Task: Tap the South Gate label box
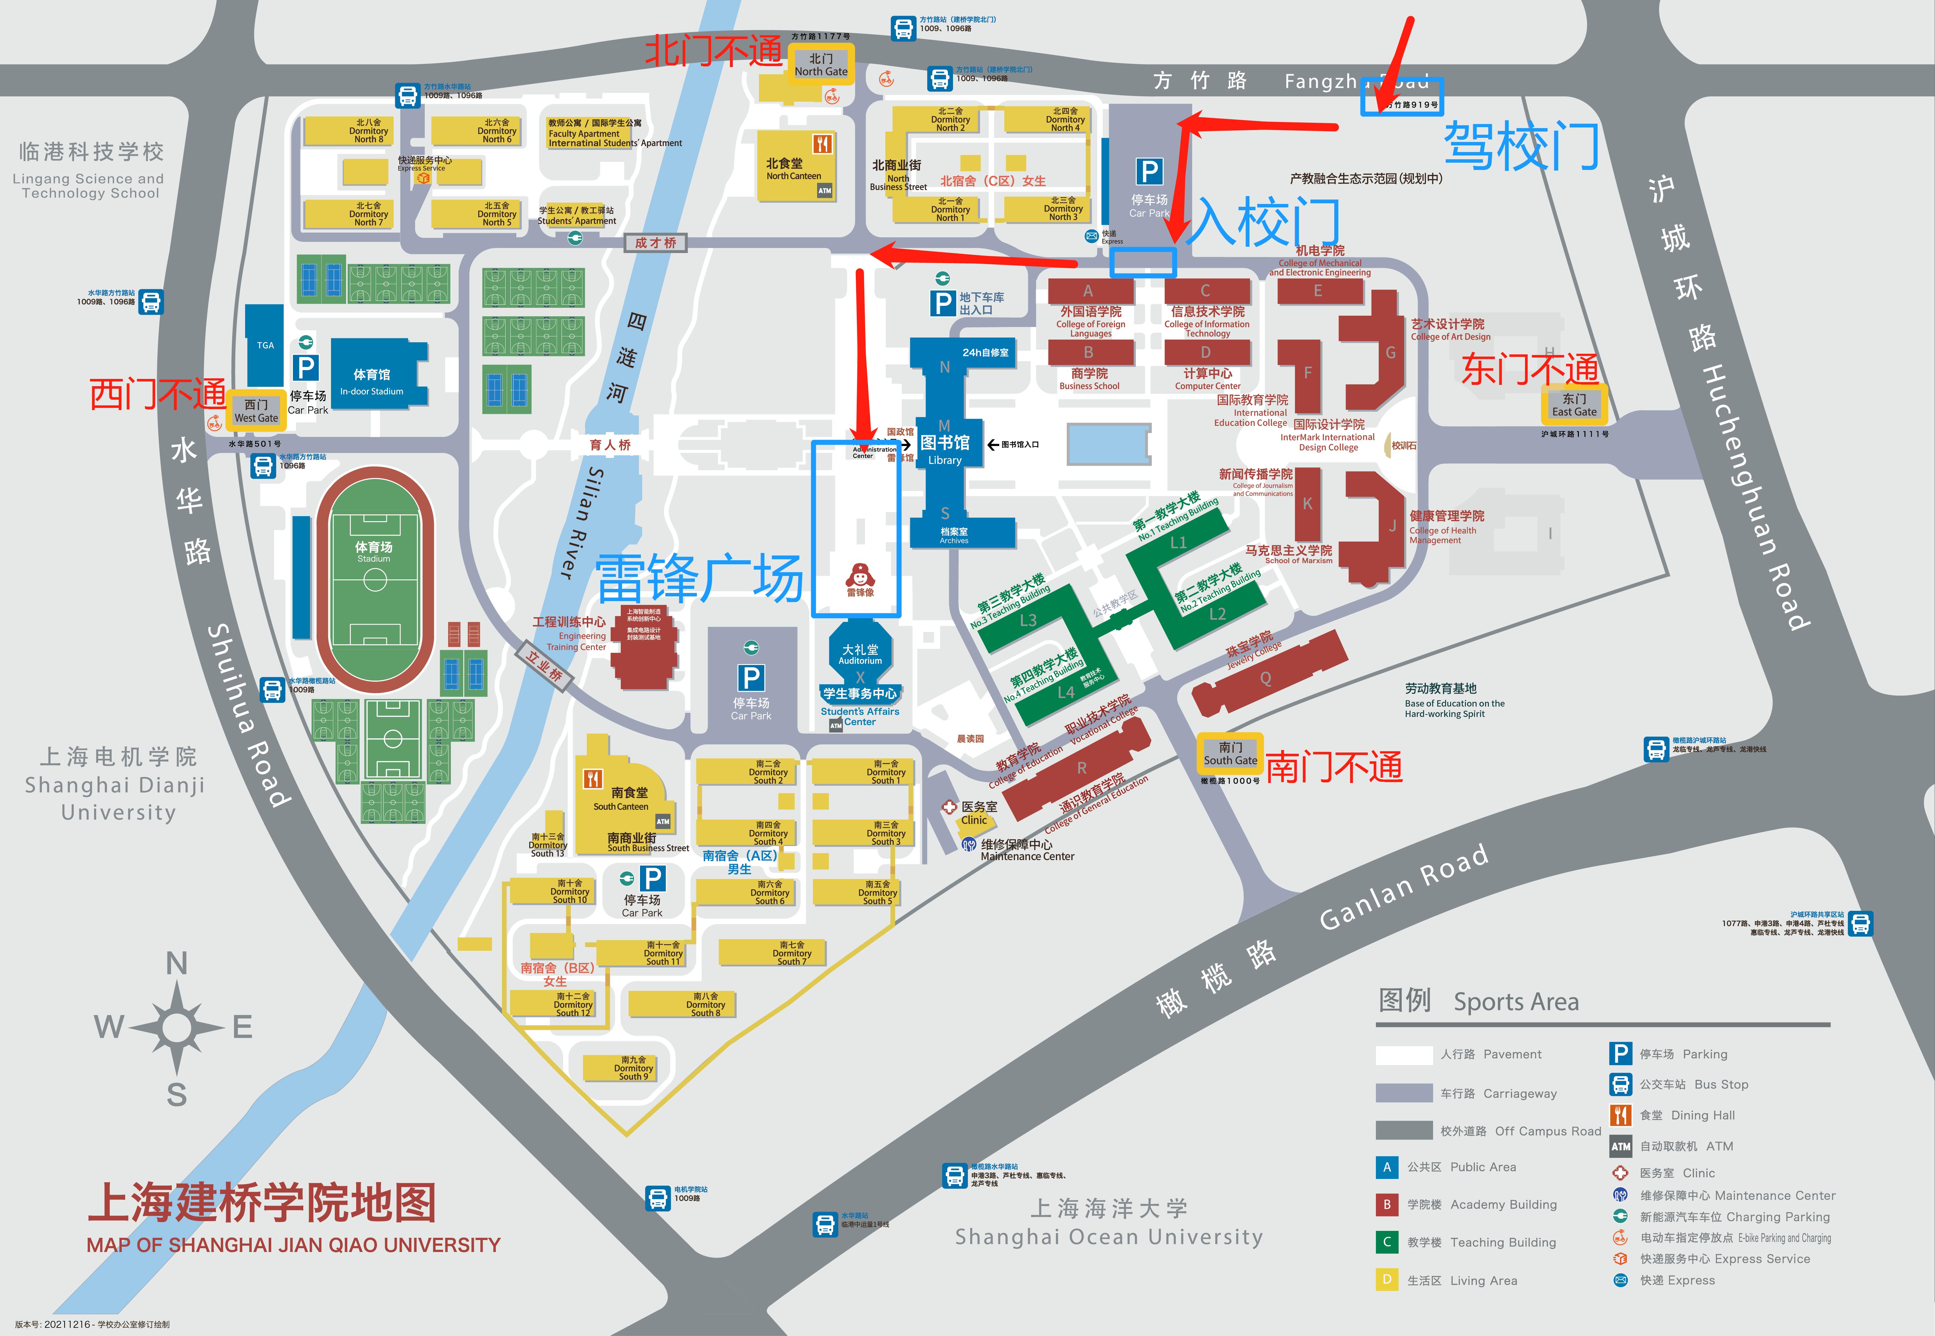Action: [1230, 753]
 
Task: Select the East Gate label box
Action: [1574, 405]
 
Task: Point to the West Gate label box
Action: [256, 411]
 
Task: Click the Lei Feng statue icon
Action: [860, 576]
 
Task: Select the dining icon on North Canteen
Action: [823, 144]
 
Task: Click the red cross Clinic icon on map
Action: [949, 807]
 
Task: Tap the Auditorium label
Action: [861, 655]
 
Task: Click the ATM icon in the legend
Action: [1620, 1146]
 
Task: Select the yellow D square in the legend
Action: [1387, 1280]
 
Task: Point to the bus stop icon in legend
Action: [1620, 1084]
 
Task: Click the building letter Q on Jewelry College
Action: [1265, 679]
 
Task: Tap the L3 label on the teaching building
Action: [1028, 620]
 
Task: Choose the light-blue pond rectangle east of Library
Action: [1109, 444]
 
